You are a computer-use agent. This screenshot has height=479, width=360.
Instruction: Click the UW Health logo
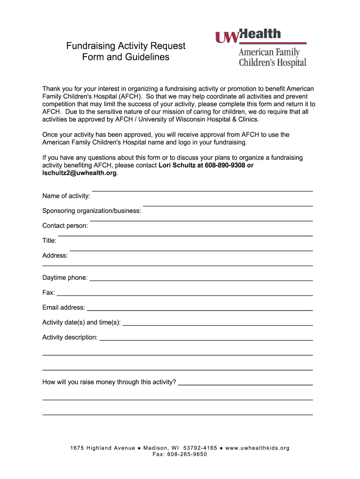tap(248, 36)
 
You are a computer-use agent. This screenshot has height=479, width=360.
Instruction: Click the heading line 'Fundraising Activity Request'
tap(126, 46)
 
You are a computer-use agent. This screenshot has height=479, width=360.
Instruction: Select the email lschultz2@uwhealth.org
tap(79, 173)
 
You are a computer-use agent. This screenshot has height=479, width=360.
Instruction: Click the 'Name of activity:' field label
tap(66, 196)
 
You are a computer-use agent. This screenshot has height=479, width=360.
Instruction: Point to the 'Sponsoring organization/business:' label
tap(92, 210)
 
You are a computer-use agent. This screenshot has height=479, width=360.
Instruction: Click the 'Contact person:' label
tap(65, 225)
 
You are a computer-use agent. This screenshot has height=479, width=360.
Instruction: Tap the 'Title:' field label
tap(50, 240)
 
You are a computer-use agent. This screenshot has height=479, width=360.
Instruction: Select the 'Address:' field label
tap(55, 255)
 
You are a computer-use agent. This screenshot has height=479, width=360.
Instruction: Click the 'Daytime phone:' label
tap(65, 278)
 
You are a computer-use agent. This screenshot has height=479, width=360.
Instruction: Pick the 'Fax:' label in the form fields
tap(49, 293)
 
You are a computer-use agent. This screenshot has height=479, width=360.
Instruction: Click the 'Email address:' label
tap(64, 308)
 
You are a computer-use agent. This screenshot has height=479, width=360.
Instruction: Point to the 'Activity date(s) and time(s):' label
tap(81, 322)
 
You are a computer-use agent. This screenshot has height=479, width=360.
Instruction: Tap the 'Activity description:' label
tap(70, 337)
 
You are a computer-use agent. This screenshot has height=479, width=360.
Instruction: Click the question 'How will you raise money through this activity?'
tap(109, 382)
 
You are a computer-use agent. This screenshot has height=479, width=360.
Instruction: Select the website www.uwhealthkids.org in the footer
tap(258, 448)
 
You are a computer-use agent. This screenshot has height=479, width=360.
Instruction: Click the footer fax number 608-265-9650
tap(187, 454)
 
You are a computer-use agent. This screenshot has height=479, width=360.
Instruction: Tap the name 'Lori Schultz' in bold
tap(178, 165)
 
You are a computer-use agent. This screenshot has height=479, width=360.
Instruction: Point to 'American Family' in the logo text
tap(269, 52)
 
